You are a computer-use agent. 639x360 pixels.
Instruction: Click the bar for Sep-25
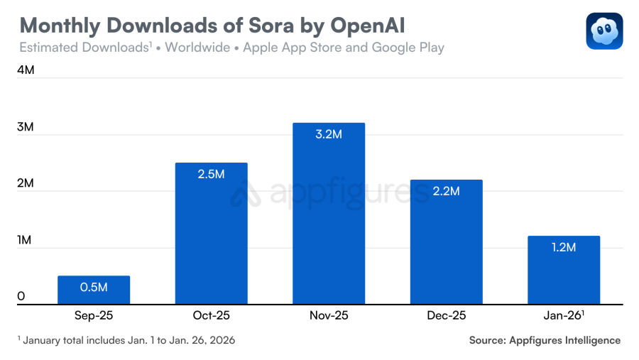click(94, 290)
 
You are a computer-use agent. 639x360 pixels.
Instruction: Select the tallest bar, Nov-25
click(329, 213)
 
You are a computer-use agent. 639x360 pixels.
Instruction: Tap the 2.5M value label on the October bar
click(212, 174)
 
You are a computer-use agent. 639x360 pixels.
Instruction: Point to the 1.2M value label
click(564, 247)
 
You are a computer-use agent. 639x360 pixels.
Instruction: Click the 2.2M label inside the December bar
click(446, 191)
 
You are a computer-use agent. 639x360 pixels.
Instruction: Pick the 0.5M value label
click(94, 287)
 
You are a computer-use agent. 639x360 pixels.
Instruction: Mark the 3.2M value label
click(329, 134)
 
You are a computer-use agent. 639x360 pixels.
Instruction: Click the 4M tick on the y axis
click(26, 71)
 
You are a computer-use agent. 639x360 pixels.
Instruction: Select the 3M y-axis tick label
click(26, 127)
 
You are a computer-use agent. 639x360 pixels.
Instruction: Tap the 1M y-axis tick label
click(26, 240)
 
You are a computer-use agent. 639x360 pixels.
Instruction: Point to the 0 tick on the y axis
click(21, 296)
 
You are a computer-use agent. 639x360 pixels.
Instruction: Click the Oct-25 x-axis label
click(212, 315)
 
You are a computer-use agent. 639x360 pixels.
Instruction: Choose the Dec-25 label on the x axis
click(446, 315)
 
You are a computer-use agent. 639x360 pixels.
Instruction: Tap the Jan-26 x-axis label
click(562, 315)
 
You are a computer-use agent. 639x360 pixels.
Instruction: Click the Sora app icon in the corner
click(604, 31)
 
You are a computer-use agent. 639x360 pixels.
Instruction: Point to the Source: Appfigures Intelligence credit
click(545, 340)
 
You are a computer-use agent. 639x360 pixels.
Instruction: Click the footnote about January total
click(126, 340)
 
